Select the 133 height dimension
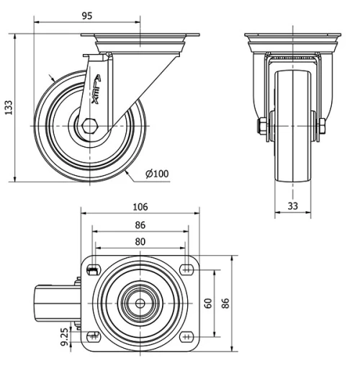pos(9,107)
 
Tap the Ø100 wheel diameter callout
pos(157,174)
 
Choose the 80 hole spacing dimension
pos(140,242)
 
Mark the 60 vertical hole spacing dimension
pos(209,303)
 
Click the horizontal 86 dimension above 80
pos(140,225)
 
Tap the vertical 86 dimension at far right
pos(225,303)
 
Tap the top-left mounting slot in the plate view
pos(92,270)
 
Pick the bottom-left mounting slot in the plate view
pos(92,335)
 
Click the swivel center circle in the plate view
pos(136,303)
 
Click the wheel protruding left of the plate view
pos(55,303)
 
